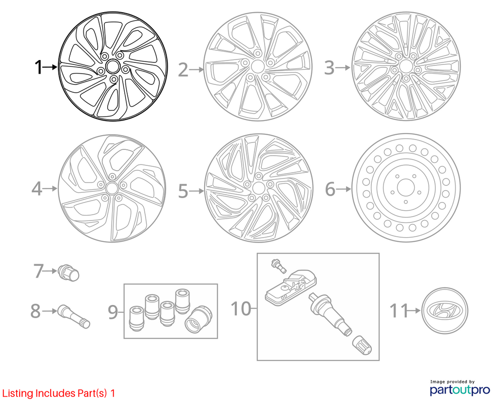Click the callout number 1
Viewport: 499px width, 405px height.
click(38, 67)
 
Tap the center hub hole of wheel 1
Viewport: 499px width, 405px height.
click(112, 66)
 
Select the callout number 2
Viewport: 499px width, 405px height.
click(183, 70)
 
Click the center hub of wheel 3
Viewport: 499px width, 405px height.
click(405, 66)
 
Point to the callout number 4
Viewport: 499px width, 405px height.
click(37, 189)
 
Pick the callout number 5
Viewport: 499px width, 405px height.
click(183, 191)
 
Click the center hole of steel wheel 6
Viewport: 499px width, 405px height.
click(405, 187)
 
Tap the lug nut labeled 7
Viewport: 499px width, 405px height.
click(69, 273)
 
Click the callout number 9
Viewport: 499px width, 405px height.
click(113, 312)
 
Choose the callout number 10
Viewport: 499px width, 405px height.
click(241, 308)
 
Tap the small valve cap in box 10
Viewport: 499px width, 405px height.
click(362, 345)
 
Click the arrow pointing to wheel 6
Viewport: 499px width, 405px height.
click(344, 189)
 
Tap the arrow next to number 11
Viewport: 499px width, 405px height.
click(414, 310)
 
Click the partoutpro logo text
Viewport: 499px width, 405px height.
click(460, 390)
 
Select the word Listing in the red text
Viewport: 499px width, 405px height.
click(18, 393)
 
